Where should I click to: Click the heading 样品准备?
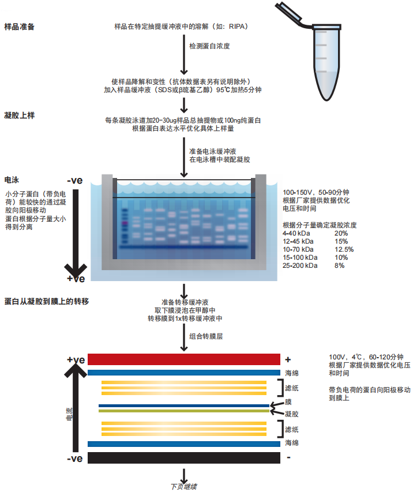pos(19,27)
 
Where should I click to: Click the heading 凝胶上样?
pos(19,116)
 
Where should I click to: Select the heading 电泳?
pos(12,180)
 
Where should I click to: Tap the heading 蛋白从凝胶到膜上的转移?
pos(46,301)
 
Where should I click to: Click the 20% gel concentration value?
pos(341,233)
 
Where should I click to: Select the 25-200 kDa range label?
pos(300,266)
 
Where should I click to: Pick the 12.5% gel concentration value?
pos(344,249)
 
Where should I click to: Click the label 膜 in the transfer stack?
pos(288,401)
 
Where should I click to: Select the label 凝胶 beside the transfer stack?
pos(291,414)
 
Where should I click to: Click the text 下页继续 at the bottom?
pos(183,487)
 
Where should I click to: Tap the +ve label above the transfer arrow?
pos(76,360)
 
